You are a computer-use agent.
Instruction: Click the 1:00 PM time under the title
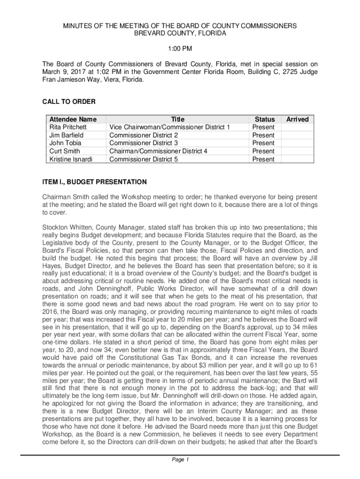coord(180,49)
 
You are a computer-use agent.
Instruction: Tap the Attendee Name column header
coord(72,119)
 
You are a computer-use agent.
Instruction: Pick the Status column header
coord(264,119)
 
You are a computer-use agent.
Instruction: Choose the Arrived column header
coord(297,119)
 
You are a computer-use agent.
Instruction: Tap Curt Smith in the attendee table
coord(65,151)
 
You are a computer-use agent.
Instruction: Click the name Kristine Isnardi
coord(71,159)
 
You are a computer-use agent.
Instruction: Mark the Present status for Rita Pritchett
coord(264,127)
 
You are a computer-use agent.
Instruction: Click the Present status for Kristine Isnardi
coord(264,159)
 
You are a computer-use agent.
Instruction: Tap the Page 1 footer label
coord(180,460)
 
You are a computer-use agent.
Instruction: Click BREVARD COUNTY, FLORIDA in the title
coord(180,34)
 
